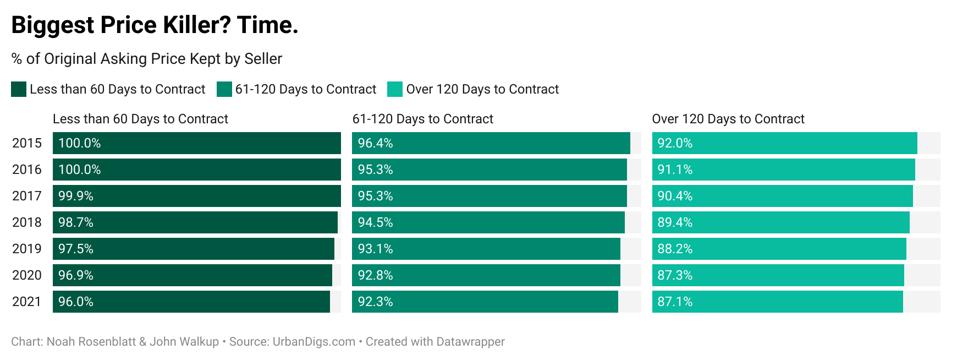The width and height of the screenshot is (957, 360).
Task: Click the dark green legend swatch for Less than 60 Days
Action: (x=19, y=89)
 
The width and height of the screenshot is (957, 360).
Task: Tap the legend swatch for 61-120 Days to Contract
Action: (x=223, y=89)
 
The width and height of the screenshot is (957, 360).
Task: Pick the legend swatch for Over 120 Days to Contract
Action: (x=395, y=89)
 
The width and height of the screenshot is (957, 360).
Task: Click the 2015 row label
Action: (x=27, y=143)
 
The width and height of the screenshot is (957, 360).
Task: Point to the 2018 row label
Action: (x=27, y=222)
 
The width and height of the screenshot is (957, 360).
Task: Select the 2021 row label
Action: (x=27, y=301)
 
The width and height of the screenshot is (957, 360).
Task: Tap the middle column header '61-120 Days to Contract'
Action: (x=423, y=119)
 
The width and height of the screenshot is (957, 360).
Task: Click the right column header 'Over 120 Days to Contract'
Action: (x=728, y=119)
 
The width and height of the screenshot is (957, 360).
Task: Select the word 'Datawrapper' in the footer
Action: (x=469, y=342)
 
